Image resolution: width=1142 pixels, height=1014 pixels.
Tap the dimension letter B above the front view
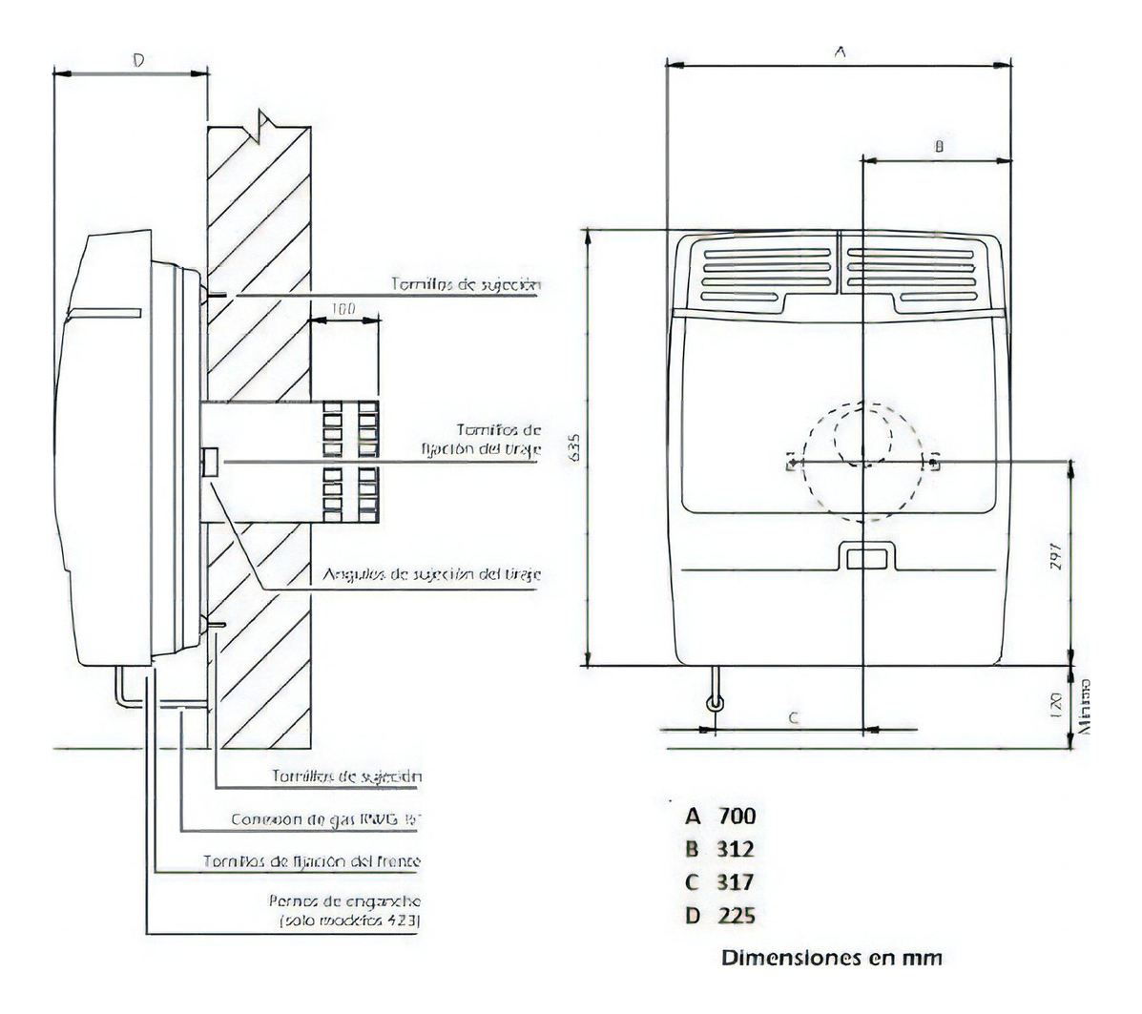(938, 147)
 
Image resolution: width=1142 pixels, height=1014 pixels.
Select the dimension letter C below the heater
(794, 718)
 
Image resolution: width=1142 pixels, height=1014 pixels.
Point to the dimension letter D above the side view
(137, 60)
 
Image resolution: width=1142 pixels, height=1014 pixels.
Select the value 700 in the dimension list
(736, 816)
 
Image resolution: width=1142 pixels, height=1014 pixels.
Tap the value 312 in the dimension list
(736, 849)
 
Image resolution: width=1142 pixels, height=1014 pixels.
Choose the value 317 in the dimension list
(736, 881)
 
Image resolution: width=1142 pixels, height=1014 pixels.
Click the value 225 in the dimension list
(736, 916)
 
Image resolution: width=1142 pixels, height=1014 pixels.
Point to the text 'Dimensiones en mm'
(832, 957)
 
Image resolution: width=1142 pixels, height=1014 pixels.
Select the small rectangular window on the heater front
(865, 557)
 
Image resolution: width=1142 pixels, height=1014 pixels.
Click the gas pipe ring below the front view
(715, 704)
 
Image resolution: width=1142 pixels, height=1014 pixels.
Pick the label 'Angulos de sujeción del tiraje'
(432, 574)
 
